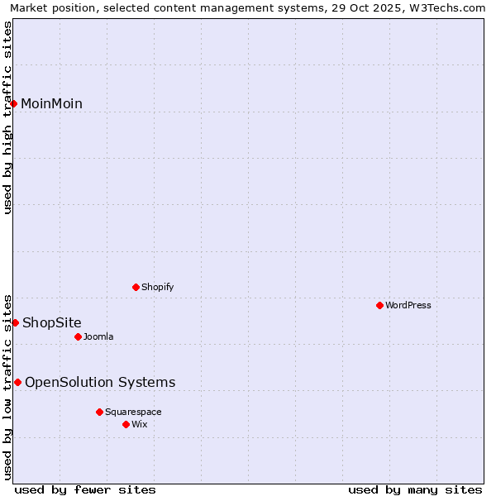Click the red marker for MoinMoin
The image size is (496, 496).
tap(14, 103)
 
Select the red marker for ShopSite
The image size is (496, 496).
tap(15, 322)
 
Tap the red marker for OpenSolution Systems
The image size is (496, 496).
tap(17, 382)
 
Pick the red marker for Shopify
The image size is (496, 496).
tap(136, 287)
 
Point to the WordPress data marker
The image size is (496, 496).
tap(380, 305)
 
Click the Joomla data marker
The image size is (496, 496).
tap(79, 336)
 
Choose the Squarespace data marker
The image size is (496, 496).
tap(100, 412)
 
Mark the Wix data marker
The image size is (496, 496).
tap(126, 424)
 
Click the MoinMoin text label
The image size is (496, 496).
tap(51, 103)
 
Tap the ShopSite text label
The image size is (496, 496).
tap(52, 322)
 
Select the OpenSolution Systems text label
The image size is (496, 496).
tap(100, 382)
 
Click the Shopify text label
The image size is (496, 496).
tap(158, 287)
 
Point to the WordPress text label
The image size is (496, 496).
tap(408, 305)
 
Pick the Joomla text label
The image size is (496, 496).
tap(98, 336)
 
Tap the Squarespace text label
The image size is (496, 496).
tap(133, 412)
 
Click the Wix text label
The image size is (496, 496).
tap(140, 424)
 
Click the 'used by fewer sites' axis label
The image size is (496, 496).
tap(85, 490)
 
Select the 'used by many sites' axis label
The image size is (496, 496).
tap(415, 490)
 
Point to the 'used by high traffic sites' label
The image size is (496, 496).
tap(8, 117)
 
